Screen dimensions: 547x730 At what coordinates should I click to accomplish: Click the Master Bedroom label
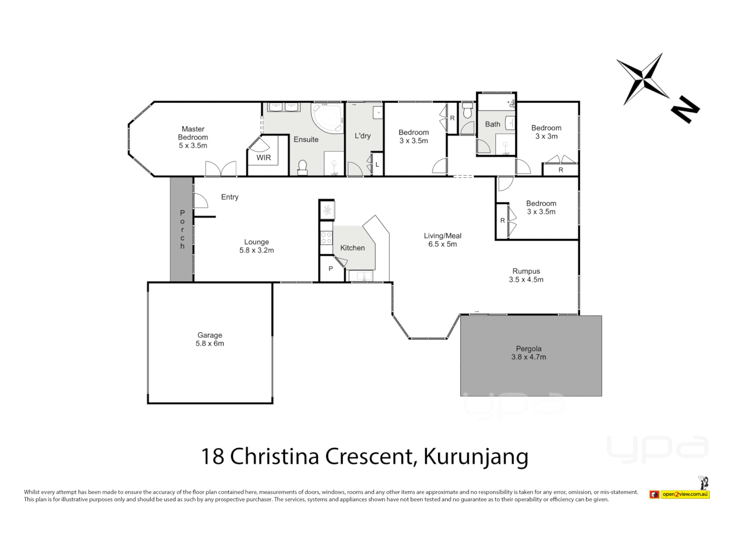point(193,137)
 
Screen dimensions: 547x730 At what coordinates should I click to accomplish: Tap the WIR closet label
point(264,158)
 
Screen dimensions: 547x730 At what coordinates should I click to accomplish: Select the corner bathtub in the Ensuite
point(326,118)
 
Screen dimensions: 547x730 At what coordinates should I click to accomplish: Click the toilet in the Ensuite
point(303,167)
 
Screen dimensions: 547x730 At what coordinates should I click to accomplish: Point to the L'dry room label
point(362,136)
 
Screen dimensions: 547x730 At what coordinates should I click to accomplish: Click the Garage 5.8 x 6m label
point(210,339)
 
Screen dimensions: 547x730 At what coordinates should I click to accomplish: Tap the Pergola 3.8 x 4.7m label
point(529,353)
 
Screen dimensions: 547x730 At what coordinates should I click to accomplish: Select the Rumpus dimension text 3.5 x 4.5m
point(526,280)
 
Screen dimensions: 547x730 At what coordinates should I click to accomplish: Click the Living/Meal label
point(443,236)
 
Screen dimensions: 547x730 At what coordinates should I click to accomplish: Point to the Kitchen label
point(352,248)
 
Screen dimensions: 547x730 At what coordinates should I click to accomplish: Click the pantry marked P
point(331,268)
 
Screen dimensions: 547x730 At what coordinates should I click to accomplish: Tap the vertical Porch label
point(182,229)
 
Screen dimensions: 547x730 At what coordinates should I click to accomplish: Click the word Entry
point(230,197)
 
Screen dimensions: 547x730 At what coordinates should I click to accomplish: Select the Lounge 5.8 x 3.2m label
point(257,246)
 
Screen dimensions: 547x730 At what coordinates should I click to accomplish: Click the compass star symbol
point(642,79)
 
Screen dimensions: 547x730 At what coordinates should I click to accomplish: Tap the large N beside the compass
point(685,108)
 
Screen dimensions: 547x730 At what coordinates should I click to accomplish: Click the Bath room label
point(492,124)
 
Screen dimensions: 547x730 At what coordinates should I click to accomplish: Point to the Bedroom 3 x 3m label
point(546,132)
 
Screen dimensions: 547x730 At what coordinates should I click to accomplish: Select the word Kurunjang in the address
point(476,456)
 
